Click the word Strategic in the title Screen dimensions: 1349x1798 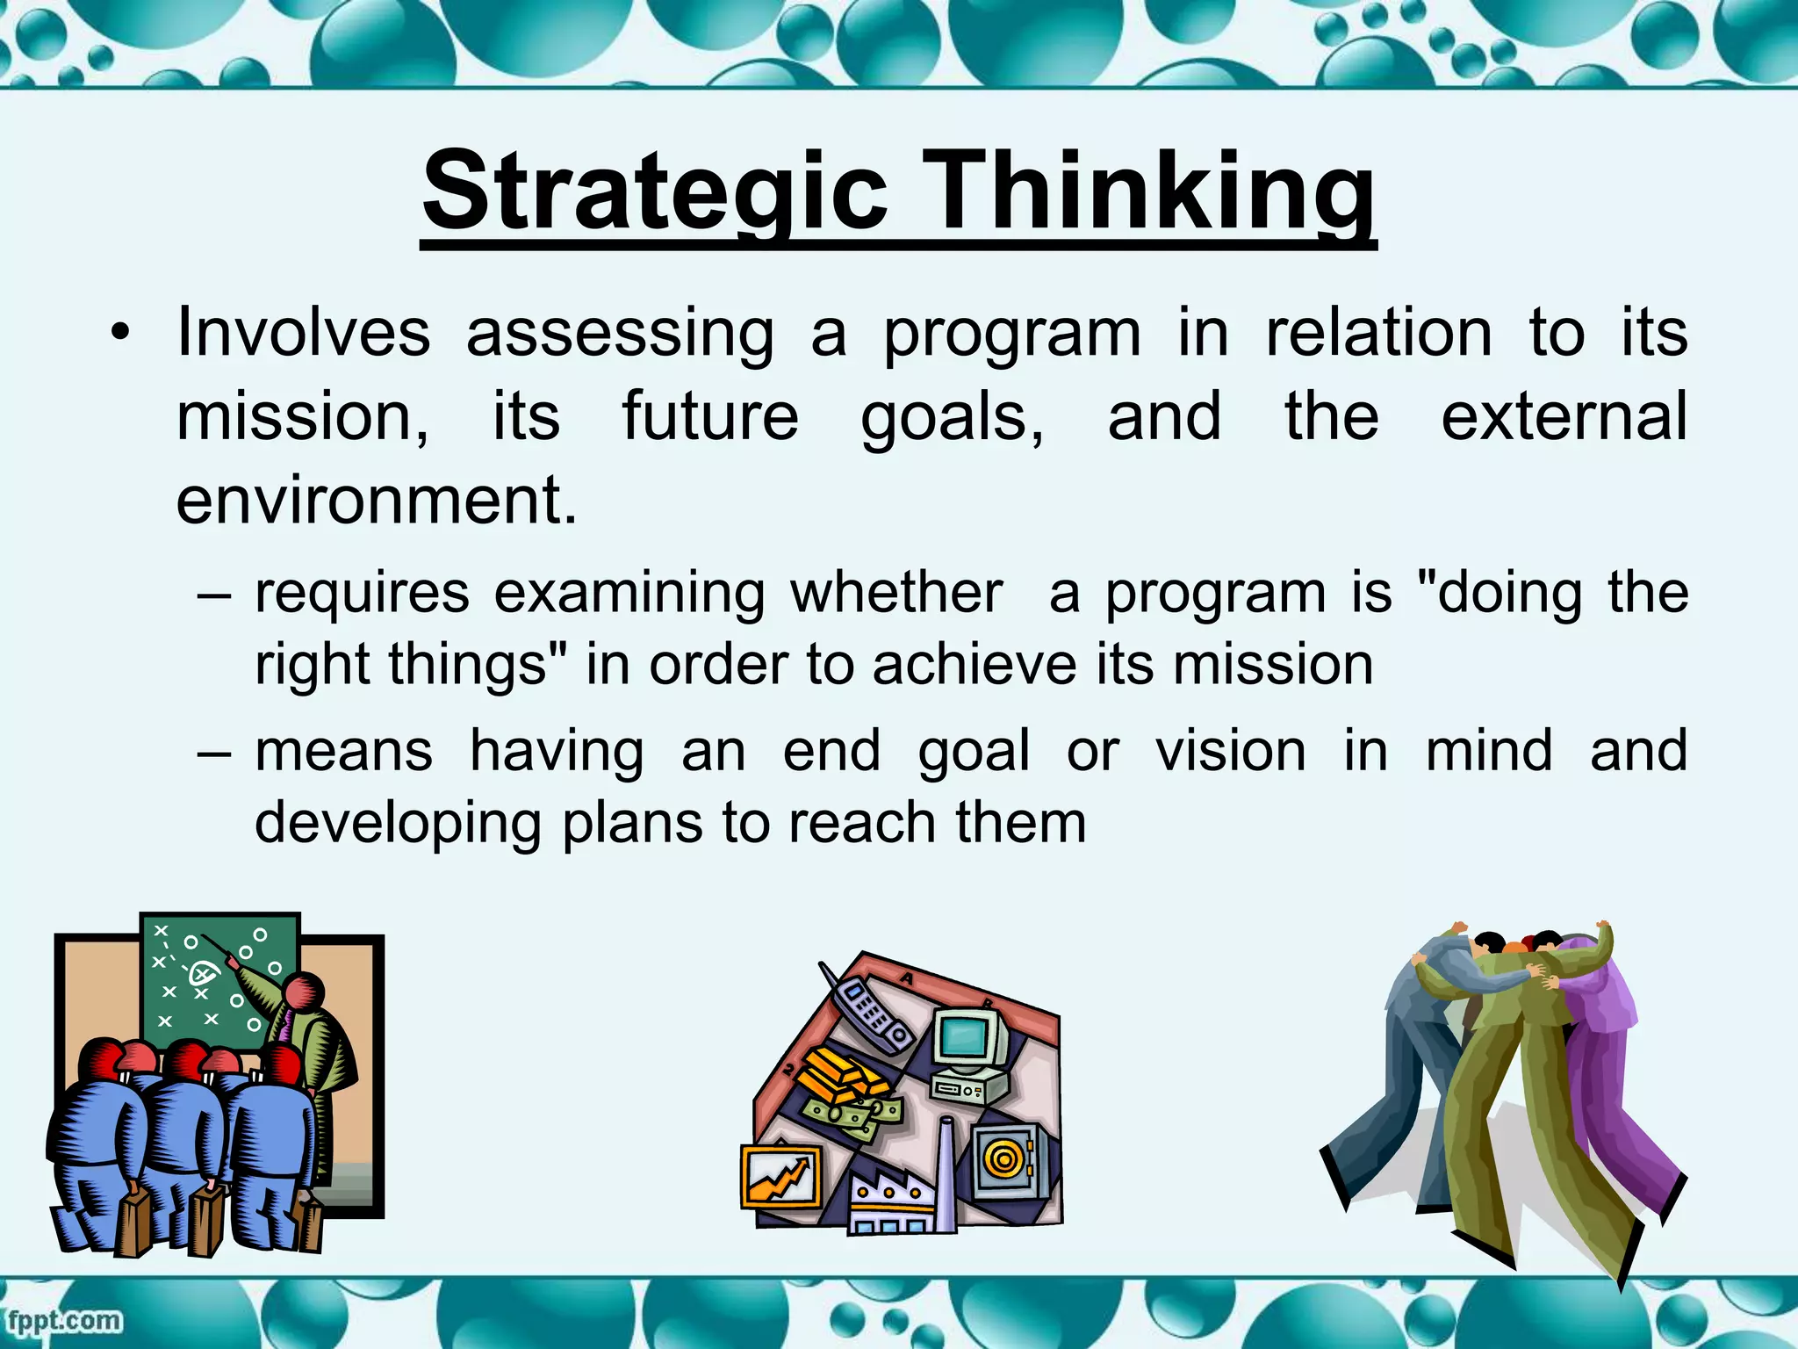[x=654, y=191]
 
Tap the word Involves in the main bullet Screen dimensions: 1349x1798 [x=303, y=333]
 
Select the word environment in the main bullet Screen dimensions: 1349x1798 [x=376, y=500]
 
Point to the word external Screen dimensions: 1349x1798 [x=1564, y=416]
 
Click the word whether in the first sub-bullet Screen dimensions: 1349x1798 [x=895, y=593]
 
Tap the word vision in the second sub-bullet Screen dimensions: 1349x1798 [x=1230, y=752]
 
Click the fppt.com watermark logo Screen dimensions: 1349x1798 [x=63, y=1320]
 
